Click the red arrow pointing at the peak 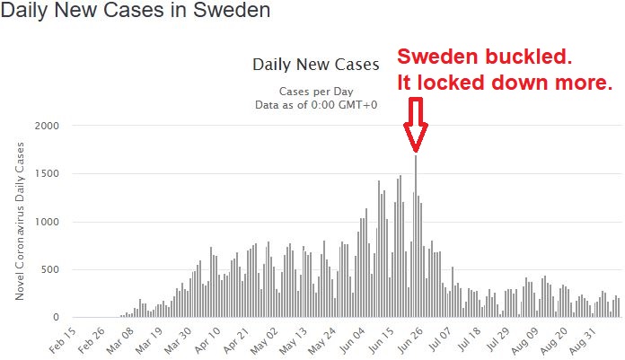[x=415, y=126]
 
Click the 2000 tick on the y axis [x=47, y=126]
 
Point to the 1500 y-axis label [x=47, y=174]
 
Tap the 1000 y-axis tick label [x=47, y=222]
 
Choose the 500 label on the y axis [x=50, y=270]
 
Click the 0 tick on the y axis [x=56, y=318]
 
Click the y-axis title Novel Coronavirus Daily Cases [x=20, y=222]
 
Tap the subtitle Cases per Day [x=316, y=91]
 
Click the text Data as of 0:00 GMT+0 [x=316, y=105]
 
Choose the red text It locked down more [x=506, y=83]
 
